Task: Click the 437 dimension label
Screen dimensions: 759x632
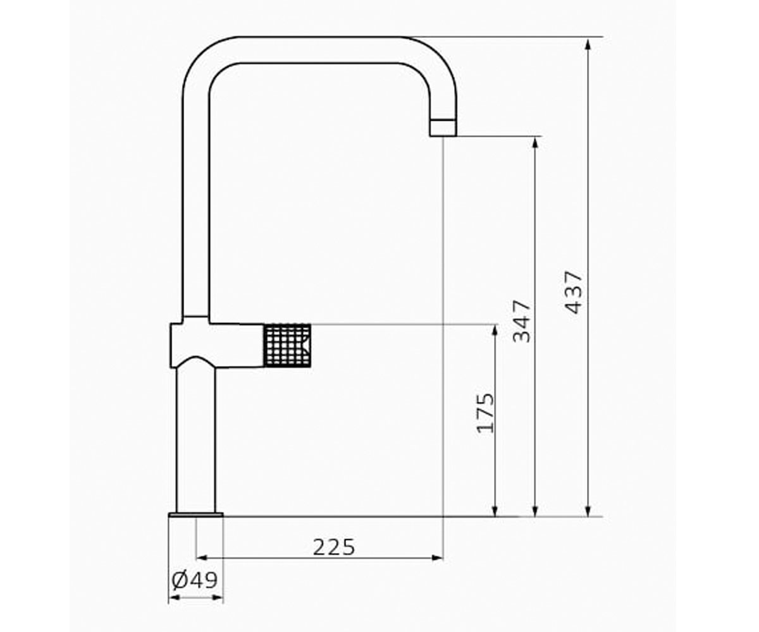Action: (x=574, y=292)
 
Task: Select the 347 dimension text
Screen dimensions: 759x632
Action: (x=521, y=321)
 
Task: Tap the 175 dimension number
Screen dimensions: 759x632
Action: (x=485, y=413)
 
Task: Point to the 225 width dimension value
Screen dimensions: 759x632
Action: (x=334, y=547)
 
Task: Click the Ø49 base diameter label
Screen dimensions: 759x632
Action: (x=194, y=580)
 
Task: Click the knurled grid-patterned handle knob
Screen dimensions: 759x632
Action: (x=287, y=345)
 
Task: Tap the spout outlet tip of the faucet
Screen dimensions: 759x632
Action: (x=443, y=128)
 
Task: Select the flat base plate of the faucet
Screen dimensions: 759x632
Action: (x=196, y=514)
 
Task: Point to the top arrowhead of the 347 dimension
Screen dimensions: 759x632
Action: (x=534, y=143)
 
